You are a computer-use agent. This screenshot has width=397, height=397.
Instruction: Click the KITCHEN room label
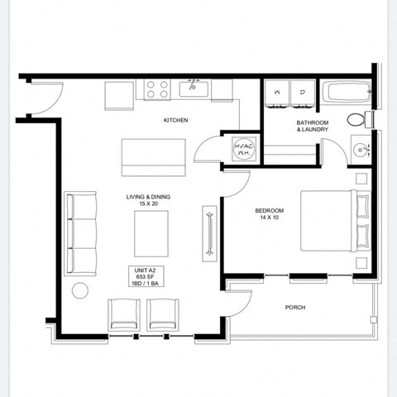[x=175, y=121]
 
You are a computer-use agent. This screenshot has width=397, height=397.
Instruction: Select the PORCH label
[x=295, y=307]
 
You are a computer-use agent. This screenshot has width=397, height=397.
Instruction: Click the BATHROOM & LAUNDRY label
[x=313, y=126]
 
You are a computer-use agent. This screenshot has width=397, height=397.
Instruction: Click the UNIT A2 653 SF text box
[x=143, y=276]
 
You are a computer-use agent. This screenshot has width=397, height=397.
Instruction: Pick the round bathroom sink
[x=360, y=150]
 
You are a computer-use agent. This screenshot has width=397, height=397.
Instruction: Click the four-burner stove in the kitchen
[x=158, y=89]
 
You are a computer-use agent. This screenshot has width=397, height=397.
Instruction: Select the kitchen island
[x=153, y=157]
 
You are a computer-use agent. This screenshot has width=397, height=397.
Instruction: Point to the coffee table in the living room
[x=151, y=233]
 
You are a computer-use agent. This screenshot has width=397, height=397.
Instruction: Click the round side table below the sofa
[x=80, y=290]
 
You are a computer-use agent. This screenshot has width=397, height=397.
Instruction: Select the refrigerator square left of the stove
[x=119, y=94]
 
